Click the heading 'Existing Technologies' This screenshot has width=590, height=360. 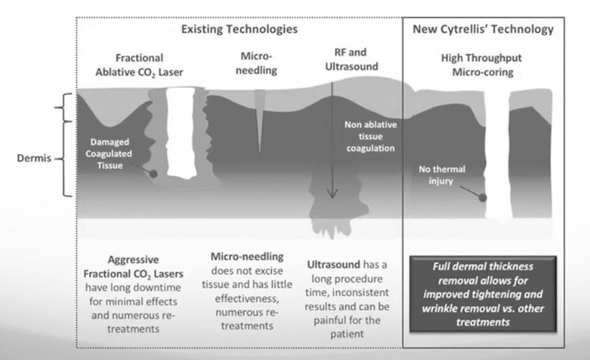click(x=239, y=29)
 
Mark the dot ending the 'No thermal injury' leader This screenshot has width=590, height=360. click(x=483, y=197)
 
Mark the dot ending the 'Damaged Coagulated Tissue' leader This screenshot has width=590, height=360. click(x=152, y=174)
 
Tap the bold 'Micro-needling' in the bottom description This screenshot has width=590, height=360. click(x=245, y=256)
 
